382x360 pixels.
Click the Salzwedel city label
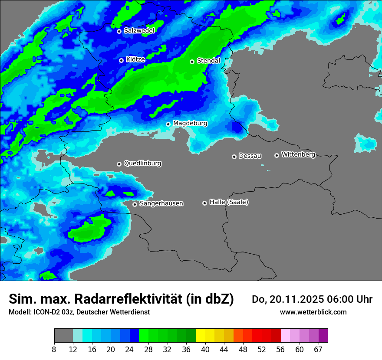(139, 31)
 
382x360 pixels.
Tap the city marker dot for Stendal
(192, 62)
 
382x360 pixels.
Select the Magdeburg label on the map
(190, 124)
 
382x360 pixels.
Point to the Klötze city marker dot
(121, 60)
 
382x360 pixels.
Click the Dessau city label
(250, 156)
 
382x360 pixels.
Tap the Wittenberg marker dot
(277, 155)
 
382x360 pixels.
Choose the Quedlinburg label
(142, 164)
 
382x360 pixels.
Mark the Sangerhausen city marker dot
(135, 204)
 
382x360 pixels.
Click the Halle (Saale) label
(229, 202)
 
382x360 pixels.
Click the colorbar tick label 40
(205, 349)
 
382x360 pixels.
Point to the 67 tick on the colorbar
(319, 349)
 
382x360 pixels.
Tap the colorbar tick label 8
(54, 349)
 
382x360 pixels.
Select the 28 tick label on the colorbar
(148, 349)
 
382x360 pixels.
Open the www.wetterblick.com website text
(313, 312)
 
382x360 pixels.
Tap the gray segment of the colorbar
(63, 336)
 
